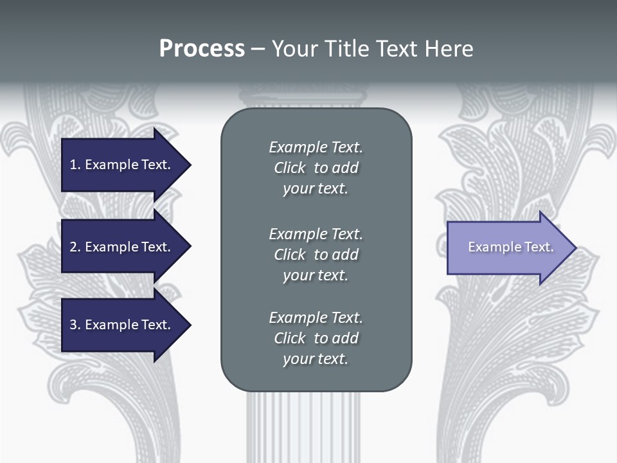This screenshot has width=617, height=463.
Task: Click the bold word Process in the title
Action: pos(202,49)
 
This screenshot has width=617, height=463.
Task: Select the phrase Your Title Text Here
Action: pos(373,49)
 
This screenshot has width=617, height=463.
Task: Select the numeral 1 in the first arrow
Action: pos(73,165)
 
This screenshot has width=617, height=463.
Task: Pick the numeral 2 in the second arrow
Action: pos(73,247)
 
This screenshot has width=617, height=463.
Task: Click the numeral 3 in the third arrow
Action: pos(73,325)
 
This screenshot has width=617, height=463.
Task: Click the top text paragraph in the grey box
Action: pos(316,168)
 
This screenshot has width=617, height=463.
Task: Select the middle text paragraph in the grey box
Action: pos(316,254)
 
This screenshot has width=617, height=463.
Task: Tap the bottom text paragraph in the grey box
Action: pos(316,338)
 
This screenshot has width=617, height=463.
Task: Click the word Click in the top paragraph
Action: pos(290,168)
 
